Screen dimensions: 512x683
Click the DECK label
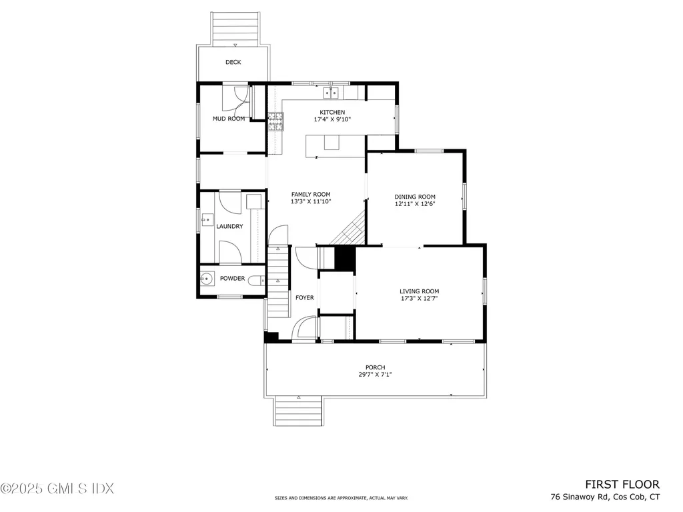[x=233, y=62]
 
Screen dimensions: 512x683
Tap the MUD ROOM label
[x=229, y=119]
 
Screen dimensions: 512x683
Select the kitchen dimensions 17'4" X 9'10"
[x=332, y=119]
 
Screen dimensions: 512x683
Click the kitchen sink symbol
[x=331, y=92]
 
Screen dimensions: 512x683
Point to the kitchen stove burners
[x=275, y=121]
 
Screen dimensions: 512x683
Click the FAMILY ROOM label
[x=311, y=194]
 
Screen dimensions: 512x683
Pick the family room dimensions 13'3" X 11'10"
[x=311, y=201]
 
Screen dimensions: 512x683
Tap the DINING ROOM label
[x=415, y=197]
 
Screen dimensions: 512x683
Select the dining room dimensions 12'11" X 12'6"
[x=415, y=204]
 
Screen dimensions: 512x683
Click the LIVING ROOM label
[x=419, y=291]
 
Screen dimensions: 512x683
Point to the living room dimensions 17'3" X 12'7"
[x=419, y=299]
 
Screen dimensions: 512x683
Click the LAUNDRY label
[x=229, y=227]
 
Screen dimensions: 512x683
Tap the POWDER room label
[x=232, y=279]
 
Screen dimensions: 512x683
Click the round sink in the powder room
[x=207, y=279]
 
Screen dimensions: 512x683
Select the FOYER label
[x=304, y=297]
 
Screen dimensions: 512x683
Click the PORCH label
[x=374, y=367]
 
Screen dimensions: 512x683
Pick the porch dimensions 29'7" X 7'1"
[x=374, y=375]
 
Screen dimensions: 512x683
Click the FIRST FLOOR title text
[x=622, y=485]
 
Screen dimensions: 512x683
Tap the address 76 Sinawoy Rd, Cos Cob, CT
[x=605, y=497]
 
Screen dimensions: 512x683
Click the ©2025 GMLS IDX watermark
[x=57, y=489]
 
